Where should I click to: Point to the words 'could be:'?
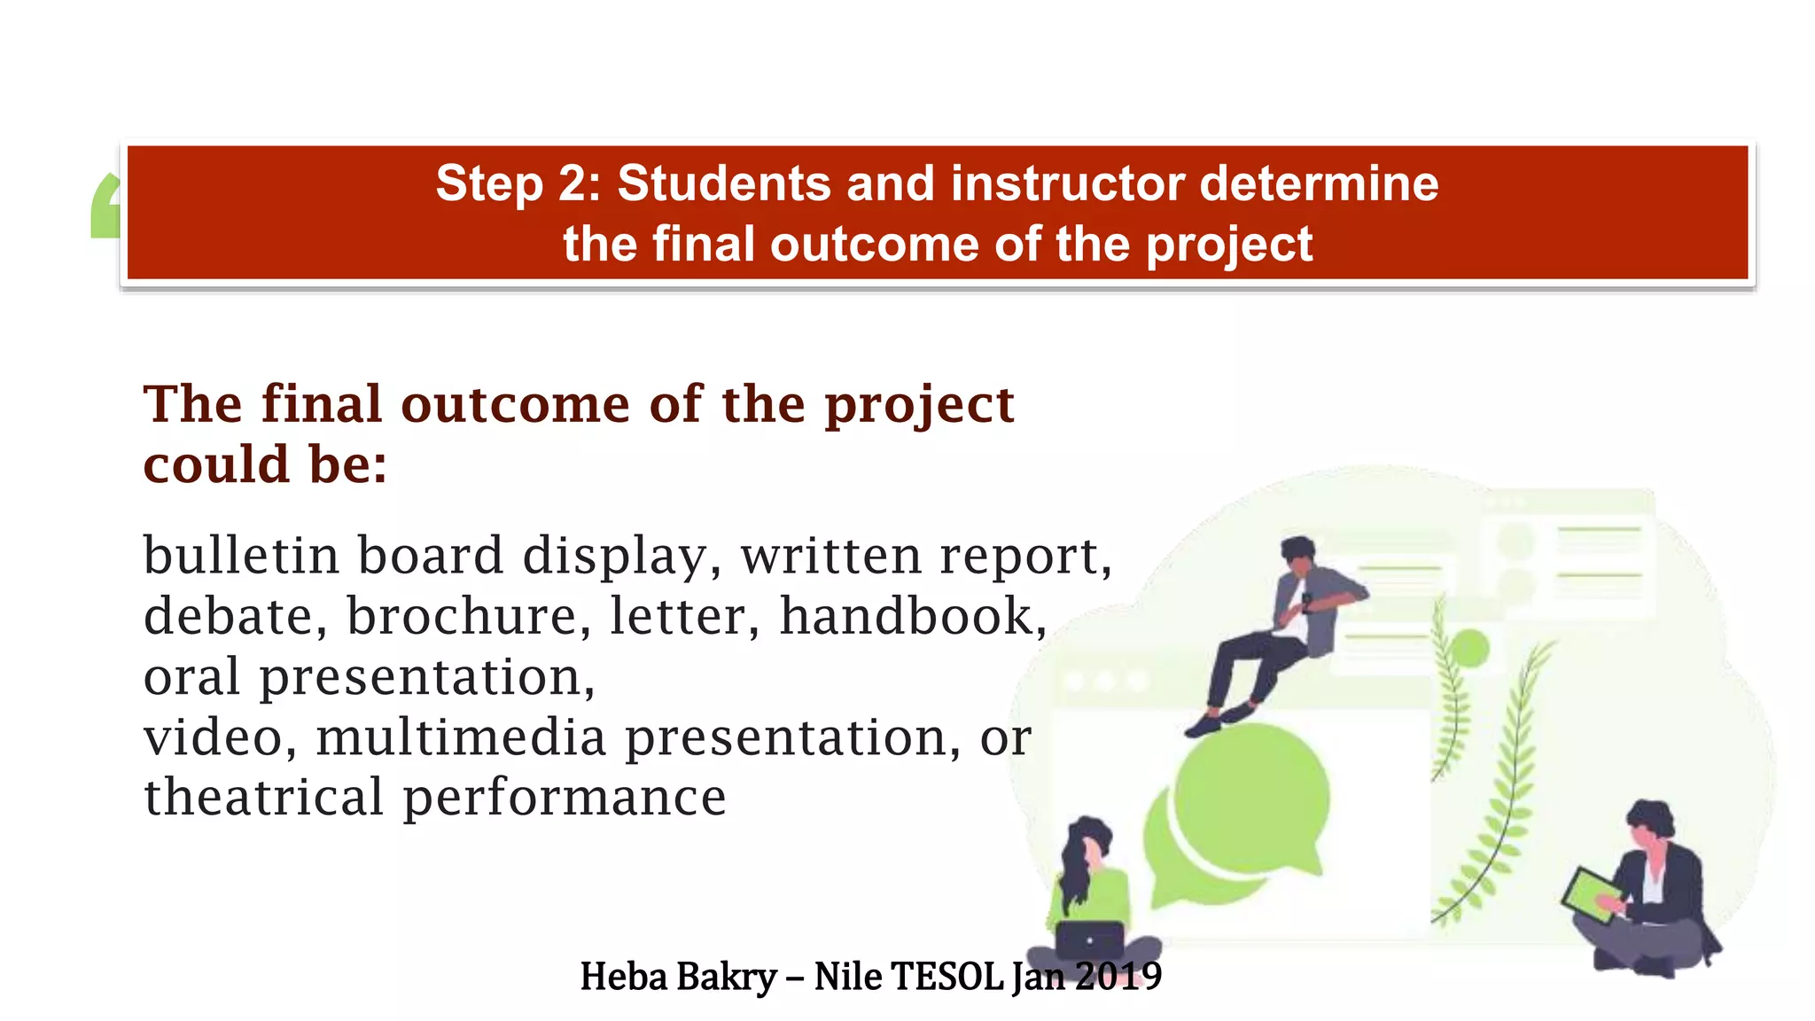(x=265, y=464)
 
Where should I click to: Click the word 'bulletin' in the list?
(x=241, y=556)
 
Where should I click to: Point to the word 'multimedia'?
(x=461, y=737)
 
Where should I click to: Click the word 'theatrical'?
(x=264, y=797)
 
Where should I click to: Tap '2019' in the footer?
(x=1118, y=977)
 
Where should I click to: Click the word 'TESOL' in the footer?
(x=946, y=977)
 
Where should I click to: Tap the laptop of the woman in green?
(x=1089, y=939)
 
